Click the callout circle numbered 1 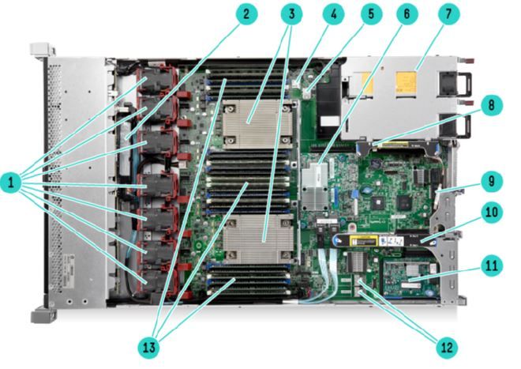click(x=11, y=183)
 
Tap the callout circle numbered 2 click(x=246, y=14)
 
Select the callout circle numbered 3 click(x=291, y=14)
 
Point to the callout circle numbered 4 click(x=333, y=14)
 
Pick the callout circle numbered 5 click(x=371, y=14)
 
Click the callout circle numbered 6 click(x=407, y=14)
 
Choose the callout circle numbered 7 click(x=448, y=14)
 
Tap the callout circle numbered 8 click(x=492, y=105)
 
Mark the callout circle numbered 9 click(x=492, y=181)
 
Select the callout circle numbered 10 click(x=492, y=213)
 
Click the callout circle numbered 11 click(x=492, y=265)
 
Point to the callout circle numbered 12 click(x=447, y=348)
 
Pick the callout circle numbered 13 click(x=149, y=348)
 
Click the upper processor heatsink click(x=257, y=124)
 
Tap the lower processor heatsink click(x=258, y=239)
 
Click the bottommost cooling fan click(x=159, y=281)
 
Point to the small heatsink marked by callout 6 click(x=315, y=186)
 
